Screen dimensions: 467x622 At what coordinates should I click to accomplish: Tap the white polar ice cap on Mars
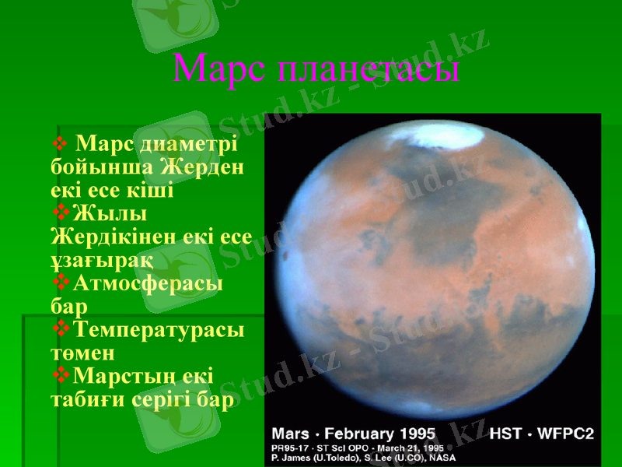(x=424, y=138)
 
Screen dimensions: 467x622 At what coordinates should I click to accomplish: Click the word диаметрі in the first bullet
(x=186, y=144)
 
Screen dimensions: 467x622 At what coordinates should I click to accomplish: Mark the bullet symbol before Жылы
(x=60, y=212)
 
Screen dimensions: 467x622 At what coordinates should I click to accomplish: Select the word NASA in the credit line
(x=440, y=458)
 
